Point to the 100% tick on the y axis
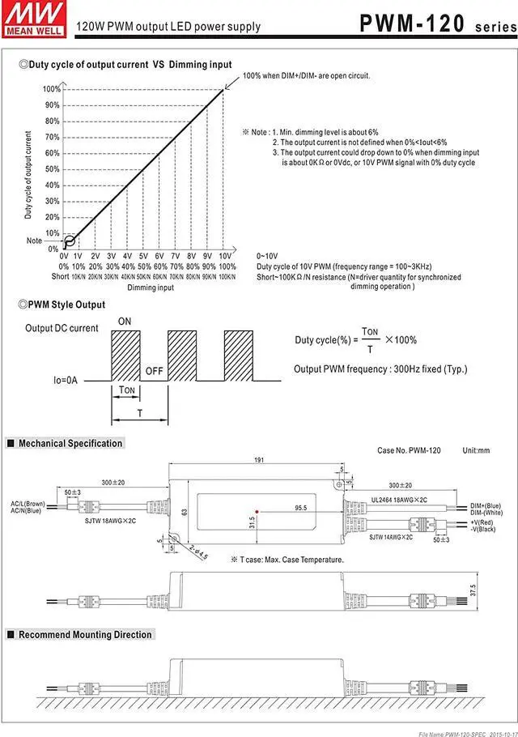tap(51, 89)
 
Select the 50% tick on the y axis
tap(52, 169)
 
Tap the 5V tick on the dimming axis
tap(143, 256)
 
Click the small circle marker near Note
tap(70, 240)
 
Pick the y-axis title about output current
tap(28, 174)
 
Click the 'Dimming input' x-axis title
tap(150, 288)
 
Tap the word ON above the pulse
tap(125, 322)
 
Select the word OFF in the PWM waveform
tap(154, 372)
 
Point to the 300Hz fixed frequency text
tap(380, 369)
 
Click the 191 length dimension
tap(259, 460)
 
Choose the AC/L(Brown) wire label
tap(28, 504)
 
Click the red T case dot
tap(257, 512)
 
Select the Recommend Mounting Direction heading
tap(85, 635)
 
